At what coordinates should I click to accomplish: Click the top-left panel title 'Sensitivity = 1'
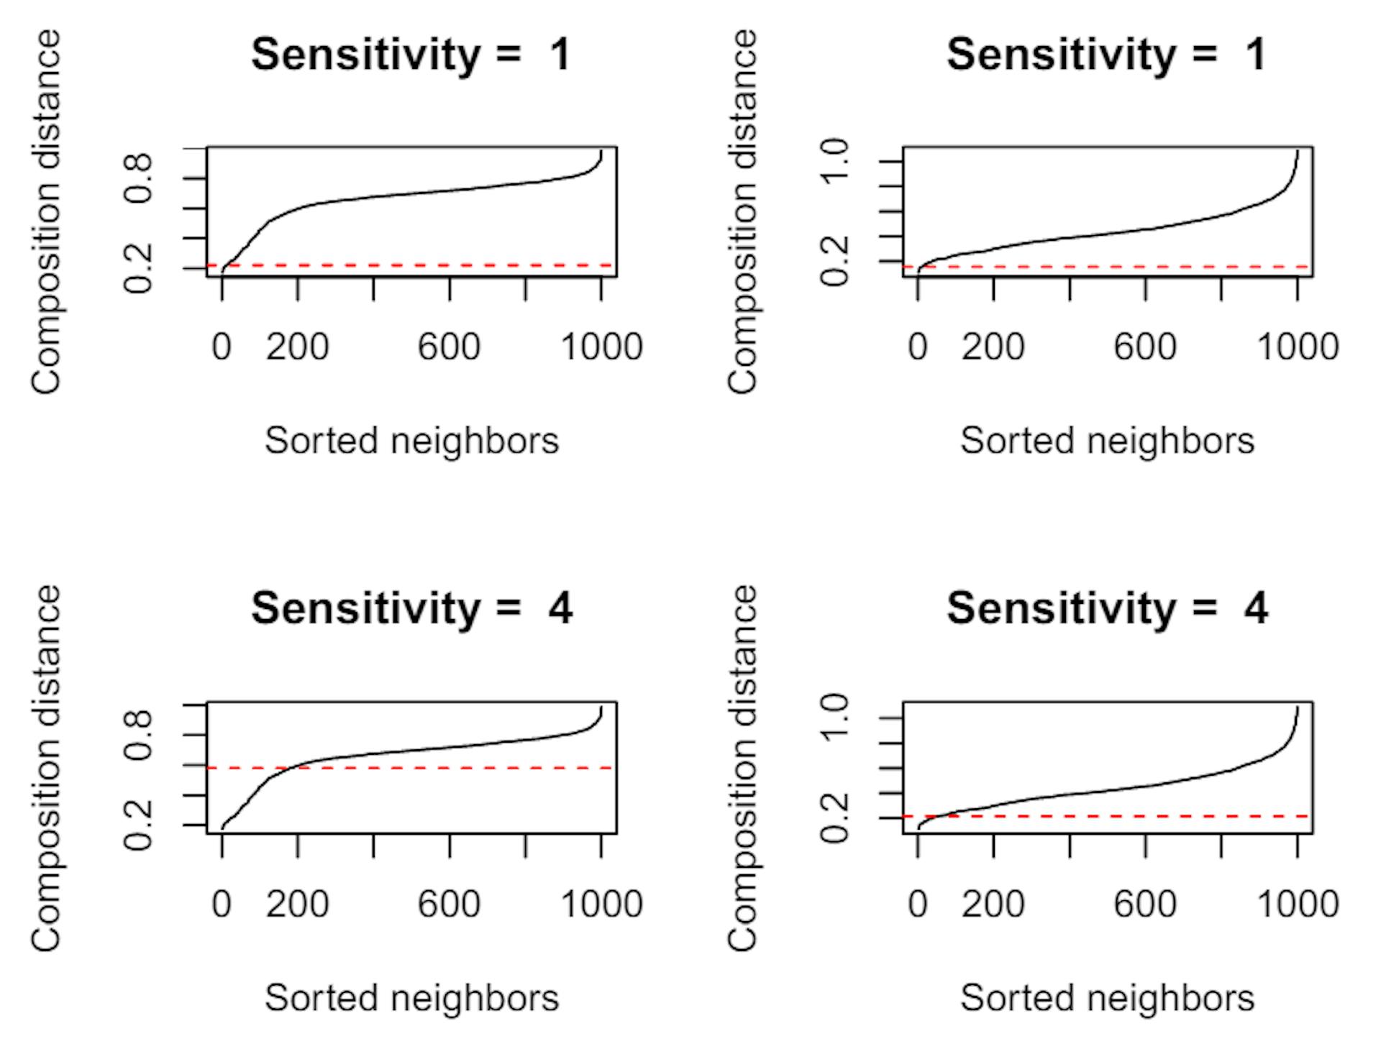click(x=411, y=55)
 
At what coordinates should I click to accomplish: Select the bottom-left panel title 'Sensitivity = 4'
click(x=411, y=609)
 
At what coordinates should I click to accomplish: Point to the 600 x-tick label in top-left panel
click(x=449, y=347)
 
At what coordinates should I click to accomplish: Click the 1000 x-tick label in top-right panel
click(x=1297, y=347)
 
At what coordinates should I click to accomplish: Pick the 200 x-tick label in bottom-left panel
click(x=297, y=904)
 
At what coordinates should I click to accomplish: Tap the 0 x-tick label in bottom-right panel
click(x=918, y=904)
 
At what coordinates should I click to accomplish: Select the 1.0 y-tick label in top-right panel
click(x=836, y=162)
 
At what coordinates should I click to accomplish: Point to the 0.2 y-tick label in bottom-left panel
click(x=139, y=825)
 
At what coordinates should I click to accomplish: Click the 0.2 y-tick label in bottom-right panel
click(x=836, y=818)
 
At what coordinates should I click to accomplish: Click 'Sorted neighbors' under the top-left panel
click(x=411, y=441)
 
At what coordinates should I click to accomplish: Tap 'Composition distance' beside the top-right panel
click(x=744, y=212)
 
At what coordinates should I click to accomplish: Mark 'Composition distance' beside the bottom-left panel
click(x=46, y=768)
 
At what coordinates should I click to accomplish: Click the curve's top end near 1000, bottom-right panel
click(x=1298, y=708)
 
